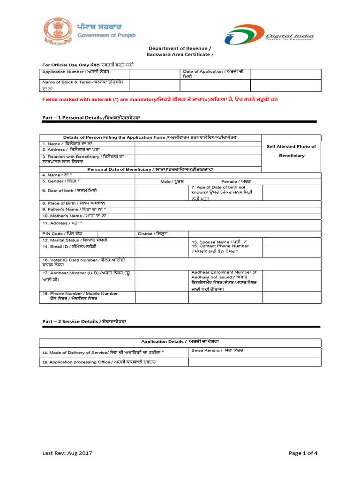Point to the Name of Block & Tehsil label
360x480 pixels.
tap(80, 84)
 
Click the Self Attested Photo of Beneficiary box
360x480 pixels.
tap(291, 151)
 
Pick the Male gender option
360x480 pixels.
tap(172, 181)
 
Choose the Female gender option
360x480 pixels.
tap(236, 181)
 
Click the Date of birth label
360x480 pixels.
tap(70, 191)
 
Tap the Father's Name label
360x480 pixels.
tap(74, 209)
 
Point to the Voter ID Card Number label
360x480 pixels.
tap(83, 262)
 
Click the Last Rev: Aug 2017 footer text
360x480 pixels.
tap(67, 453)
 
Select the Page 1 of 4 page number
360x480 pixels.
tap(303, 453)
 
